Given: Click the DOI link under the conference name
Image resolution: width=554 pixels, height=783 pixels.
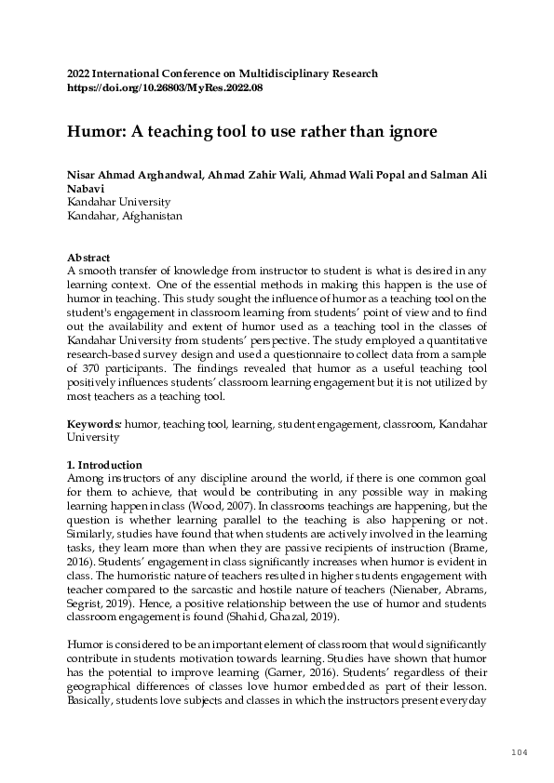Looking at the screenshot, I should tap(165, 87).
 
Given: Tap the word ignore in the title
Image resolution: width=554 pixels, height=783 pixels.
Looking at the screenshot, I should tap(411, 132).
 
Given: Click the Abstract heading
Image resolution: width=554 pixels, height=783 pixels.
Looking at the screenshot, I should tap(88, 258).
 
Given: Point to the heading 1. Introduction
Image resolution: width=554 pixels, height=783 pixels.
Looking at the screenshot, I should tap(104, 465).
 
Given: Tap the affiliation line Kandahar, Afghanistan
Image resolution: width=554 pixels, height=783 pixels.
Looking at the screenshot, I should tap(125, 215).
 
